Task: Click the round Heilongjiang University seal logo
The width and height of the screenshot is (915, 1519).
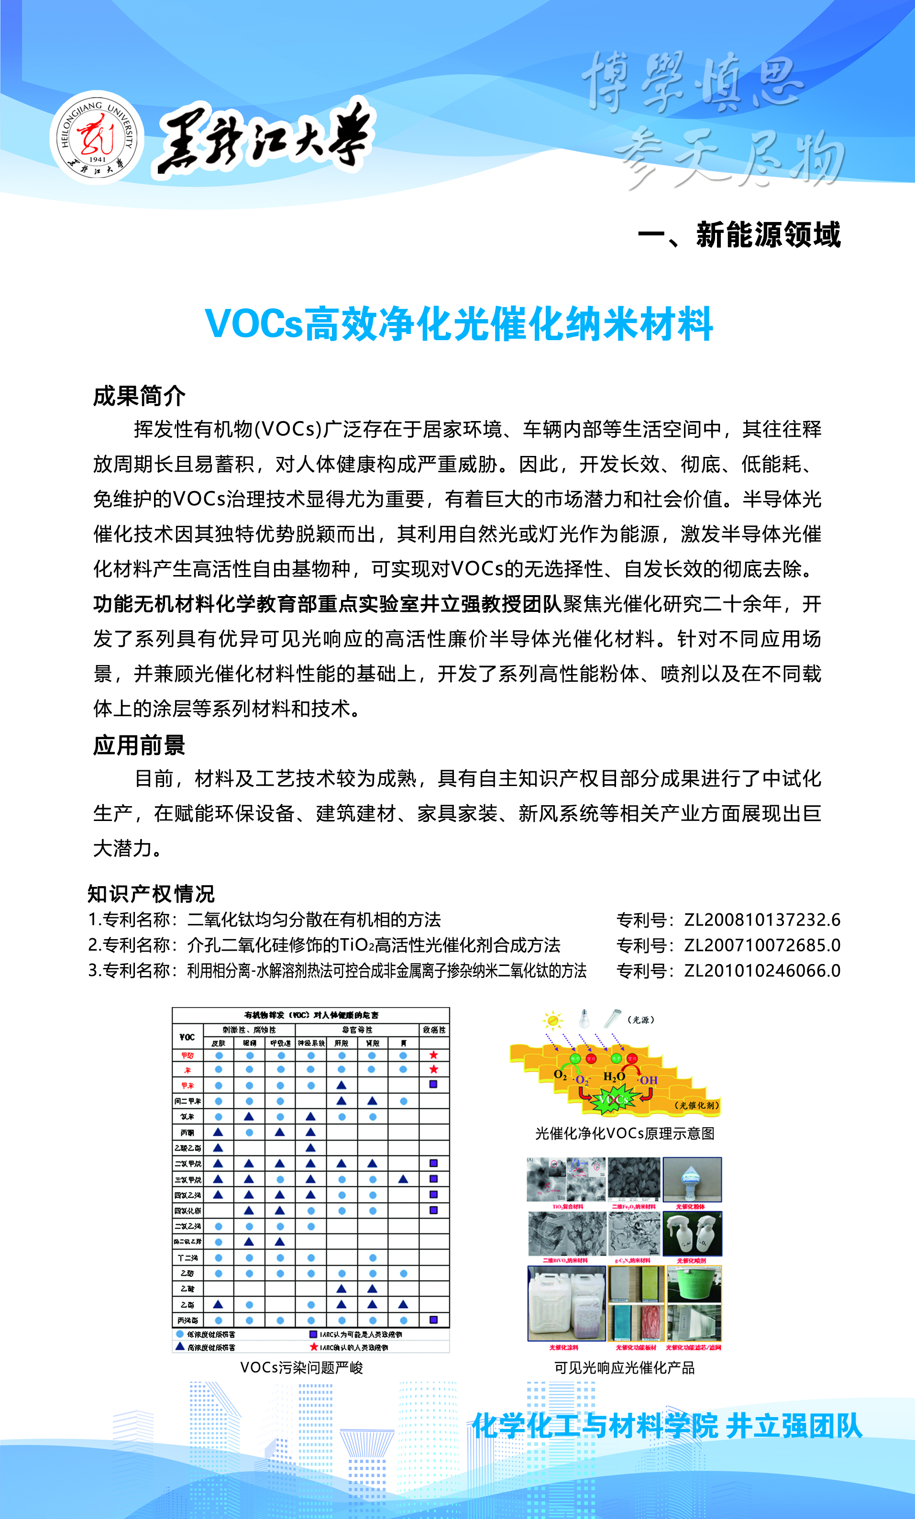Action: pyautogui.click(x=97, y=137)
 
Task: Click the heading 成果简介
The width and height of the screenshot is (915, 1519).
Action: pyautogui.click(x=139, y=396)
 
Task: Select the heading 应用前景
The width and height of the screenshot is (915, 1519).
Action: pyautogui.click(x=139, y=745)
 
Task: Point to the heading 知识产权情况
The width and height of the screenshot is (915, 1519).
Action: pyautogui.click(x=151, y=893)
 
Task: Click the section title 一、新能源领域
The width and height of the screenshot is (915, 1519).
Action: pyautogui.click(x=739, y=235)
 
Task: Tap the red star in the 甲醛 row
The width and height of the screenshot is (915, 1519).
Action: pyautogui.click(x=434, y=1055)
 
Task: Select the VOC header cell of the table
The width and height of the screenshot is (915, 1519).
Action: pyautogui.click(x=187, y=1036)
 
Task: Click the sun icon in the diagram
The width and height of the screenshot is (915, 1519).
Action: pyautogui.click(x=553, y=1020)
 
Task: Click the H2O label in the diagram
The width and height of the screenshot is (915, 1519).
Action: pyautogui.click(x=614, y=1077)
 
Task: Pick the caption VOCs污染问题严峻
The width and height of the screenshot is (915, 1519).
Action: pyautogui.click(x=301, y=1368)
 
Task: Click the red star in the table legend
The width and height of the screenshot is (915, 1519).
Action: pyautogui.click(x=314, y=1346)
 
